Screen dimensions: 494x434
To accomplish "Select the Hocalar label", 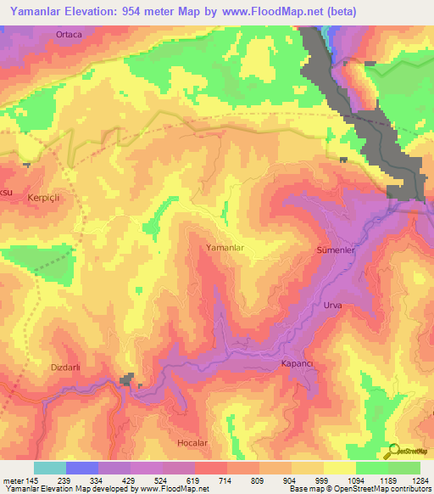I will (x=192, y=443).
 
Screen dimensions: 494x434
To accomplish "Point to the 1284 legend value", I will (x=420, y=480).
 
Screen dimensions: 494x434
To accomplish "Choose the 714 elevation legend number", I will (x=226, y=480).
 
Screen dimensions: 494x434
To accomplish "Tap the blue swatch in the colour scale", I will (x=81, y=468).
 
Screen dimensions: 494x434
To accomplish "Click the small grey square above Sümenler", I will (x=343, y=160).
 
